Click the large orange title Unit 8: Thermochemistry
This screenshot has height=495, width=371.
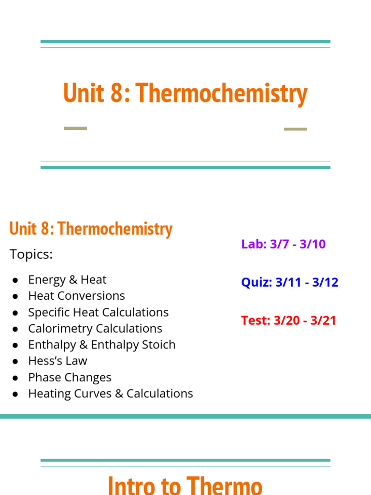185,94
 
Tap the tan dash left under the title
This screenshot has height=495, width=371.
75,129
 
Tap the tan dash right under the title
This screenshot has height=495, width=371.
295,129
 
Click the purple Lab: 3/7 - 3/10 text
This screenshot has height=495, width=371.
283,244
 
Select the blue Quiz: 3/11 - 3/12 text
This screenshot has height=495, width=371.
289,282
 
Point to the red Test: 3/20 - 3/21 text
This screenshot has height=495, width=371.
288,320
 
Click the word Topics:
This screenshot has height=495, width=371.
31,254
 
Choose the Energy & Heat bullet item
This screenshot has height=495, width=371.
67,279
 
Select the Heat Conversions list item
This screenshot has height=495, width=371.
76,296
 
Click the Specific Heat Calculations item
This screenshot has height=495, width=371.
98,312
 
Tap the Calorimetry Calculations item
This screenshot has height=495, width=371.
95,329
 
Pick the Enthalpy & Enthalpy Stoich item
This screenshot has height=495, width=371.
101,345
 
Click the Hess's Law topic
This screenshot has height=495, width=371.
57,361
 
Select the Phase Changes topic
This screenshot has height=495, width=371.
70,378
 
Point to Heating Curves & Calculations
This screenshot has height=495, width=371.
110,393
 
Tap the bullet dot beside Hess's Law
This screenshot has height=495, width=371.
15,362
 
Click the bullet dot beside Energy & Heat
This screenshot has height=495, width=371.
15,280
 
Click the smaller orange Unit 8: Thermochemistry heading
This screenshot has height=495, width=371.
91,229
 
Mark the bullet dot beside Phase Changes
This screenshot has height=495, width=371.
15,378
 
